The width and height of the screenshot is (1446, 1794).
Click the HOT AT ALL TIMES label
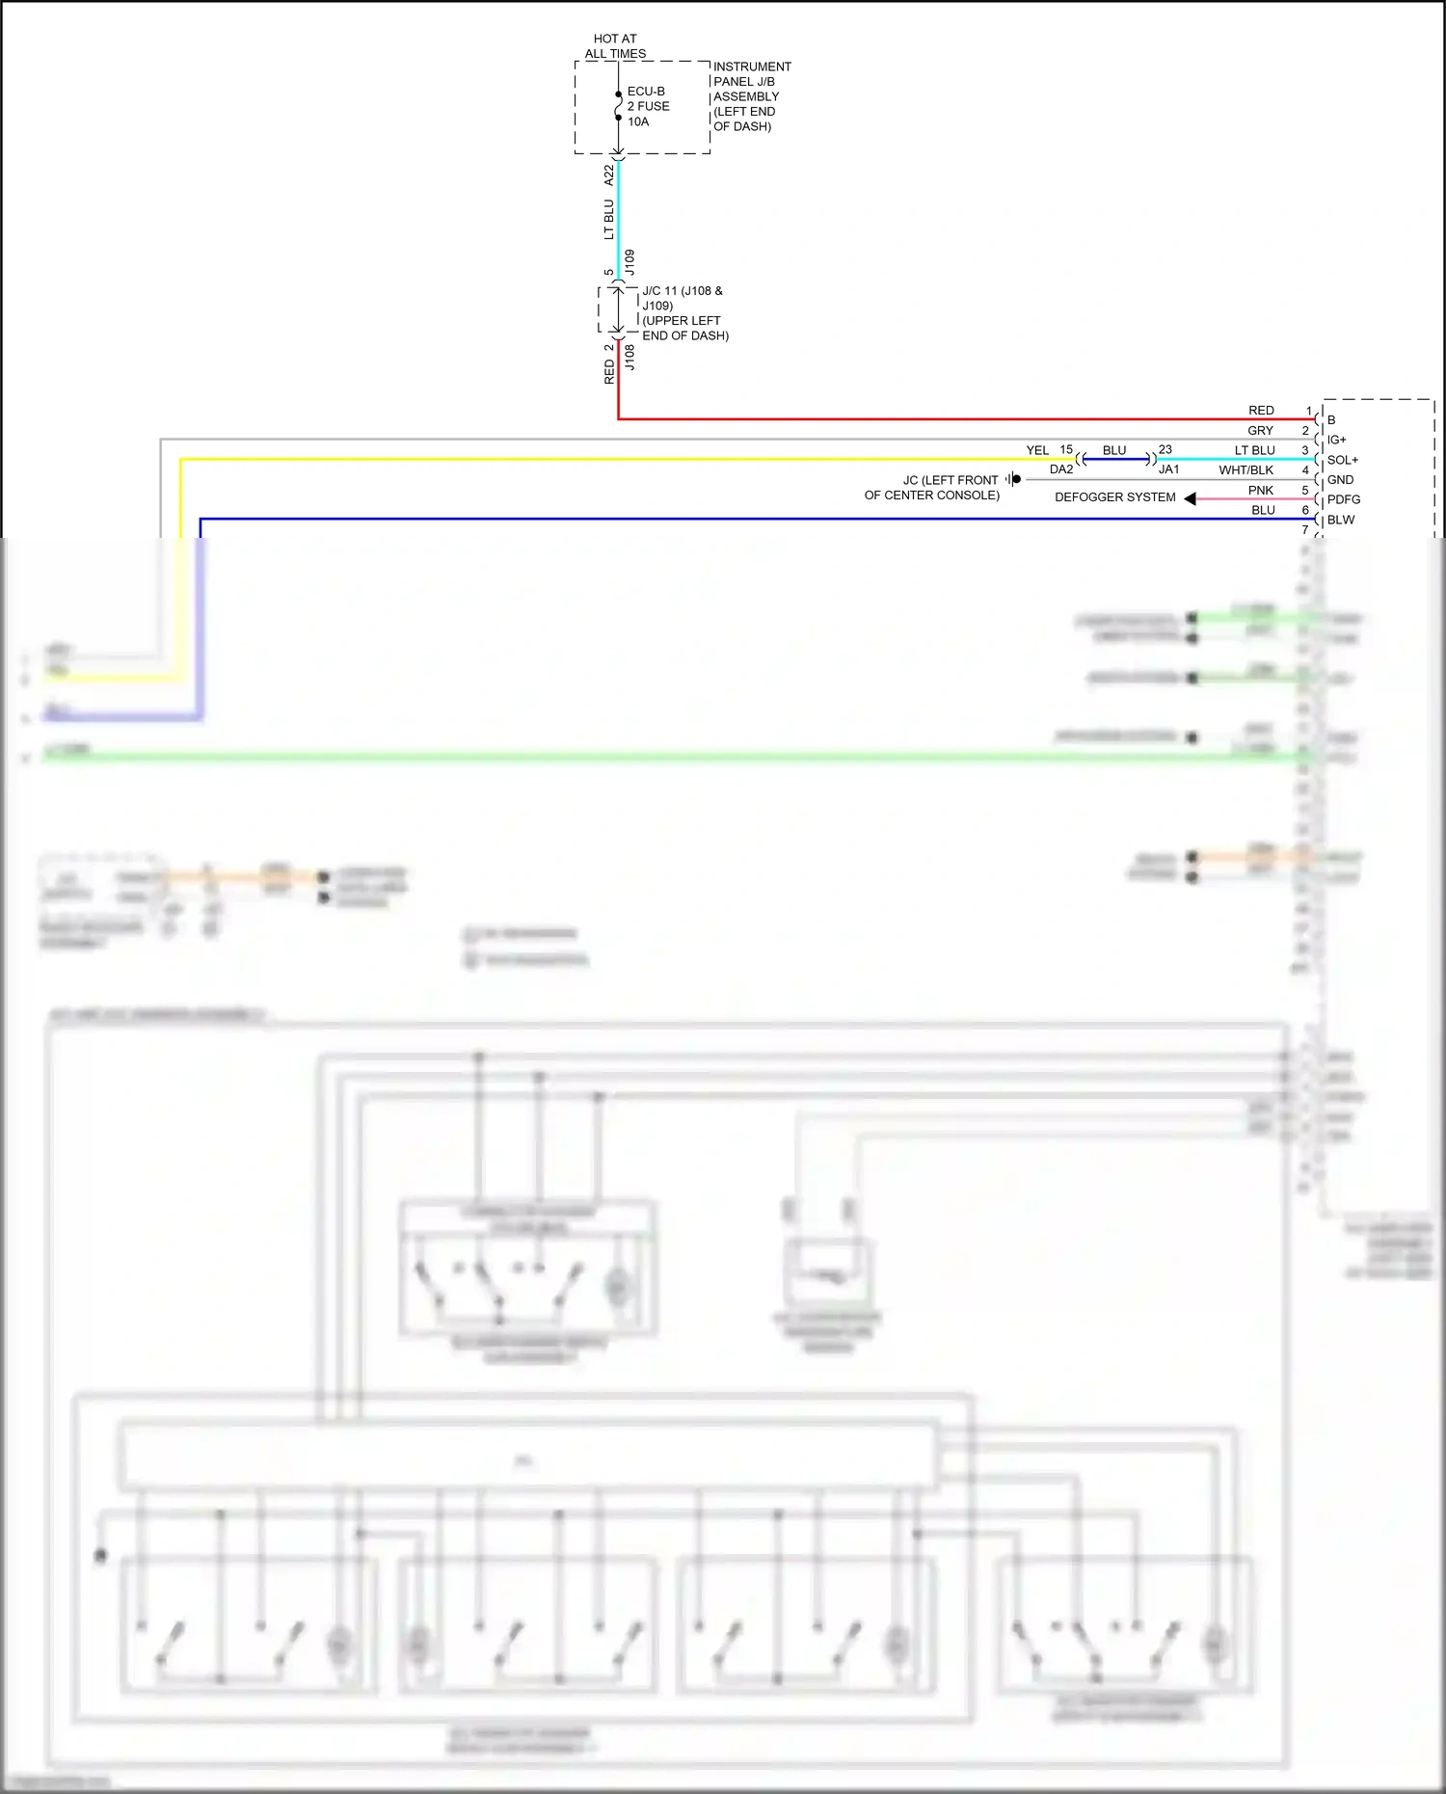coord(615,46)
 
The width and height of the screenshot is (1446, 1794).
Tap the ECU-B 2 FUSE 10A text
coord(648,106)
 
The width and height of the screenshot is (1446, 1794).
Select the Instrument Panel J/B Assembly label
coord(752,96)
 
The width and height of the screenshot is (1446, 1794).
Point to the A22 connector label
coord(608,174)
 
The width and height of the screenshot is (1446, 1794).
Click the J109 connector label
coord(629,262)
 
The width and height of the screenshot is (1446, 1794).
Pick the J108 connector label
coord(629,358)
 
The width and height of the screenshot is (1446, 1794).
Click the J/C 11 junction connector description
coord(684,313)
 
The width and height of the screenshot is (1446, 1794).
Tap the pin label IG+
coord(1336,440)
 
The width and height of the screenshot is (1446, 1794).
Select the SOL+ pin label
coord(1342,460)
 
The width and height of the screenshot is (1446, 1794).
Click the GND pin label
coord(1340,479)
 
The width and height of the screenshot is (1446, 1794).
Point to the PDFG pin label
coord(1343,499)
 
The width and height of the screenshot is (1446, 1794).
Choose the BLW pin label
coord(1340,520)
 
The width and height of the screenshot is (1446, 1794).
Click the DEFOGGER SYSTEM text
coord(1114,497)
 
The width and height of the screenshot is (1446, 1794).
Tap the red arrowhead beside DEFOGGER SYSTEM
coord(1191,498)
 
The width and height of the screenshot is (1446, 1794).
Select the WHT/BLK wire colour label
coord(1245,470)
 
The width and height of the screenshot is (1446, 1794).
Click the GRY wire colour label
coord(1260,431)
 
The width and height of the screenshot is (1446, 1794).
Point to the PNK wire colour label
coord(1260,491)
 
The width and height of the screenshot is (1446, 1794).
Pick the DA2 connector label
coord(1060,469)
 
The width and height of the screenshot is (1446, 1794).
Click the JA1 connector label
coord(1168,469)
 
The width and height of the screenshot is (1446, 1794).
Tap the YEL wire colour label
coord(1037,450)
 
